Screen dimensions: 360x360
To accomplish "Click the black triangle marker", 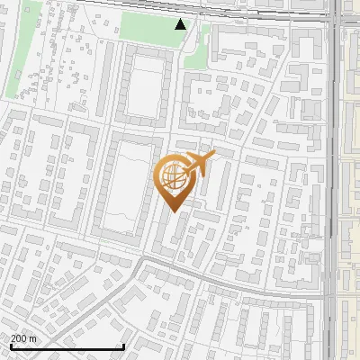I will tap(181, 24).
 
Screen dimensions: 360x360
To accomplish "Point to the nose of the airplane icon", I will tap(212, 155).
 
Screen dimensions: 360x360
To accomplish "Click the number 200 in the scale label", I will tap(19, 339).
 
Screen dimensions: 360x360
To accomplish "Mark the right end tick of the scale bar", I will tap(122, 346).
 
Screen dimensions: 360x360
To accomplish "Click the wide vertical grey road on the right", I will tap(334, 180).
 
